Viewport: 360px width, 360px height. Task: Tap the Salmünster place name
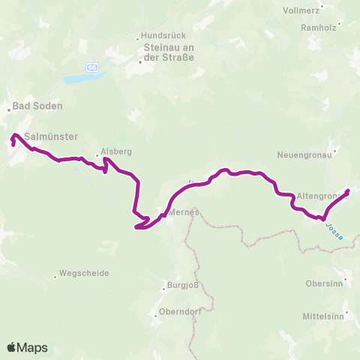47,136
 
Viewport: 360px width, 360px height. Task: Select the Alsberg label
116,151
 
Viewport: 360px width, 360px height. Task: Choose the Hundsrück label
159,35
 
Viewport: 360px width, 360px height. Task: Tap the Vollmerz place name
301,11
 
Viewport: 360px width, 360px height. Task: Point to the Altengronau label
320,195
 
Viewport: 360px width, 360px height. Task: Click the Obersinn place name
324,284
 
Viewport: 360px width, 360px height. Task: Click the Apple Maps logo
27,347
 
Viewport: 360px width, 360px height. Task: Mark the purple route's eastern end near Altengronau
347,190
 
